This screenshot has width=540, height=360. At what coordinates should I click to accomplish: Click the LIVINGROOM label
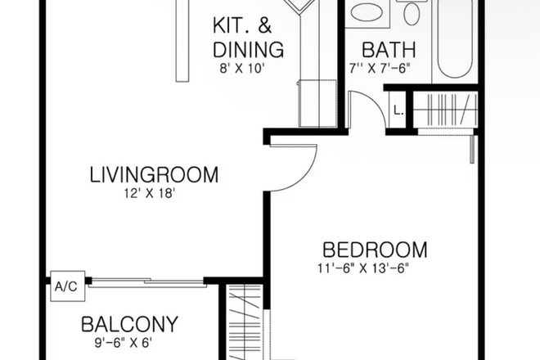[154, 174]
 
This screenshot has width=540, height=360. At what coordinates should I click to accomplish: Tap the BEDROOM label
[376, 249]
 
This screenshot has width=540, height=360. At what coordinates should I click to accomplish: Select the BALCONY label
[130, 324]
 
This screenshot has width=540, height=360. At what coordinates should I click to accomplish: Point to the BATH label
[389, 48]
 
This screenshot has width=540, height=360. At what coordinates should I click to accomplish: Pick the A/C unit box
[65, 287]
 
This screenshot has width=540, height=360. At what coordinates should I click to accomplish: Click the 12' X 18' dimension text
[146, 193]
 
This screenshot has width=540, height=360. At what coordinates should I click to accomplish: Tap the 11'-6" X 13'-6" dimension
[362, 267]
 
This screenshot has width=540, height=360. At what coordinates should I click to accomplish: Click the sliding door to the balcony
[147, 283]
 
